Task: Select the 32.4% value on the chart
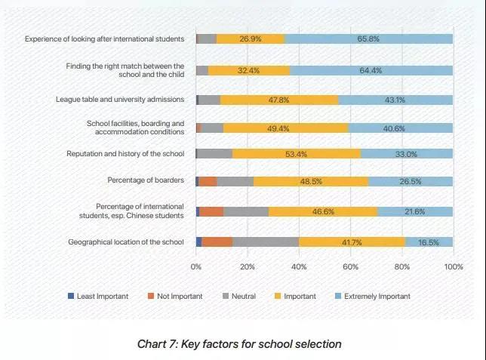click(248, 70)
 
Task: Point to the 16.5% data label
click(429, 242)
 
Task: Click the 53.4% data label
click(291, 154)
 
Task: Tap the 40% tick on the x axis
click(299, 266)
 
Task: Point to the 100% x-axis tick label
click(453, 266)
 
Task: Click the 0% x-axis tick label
click(196, 266)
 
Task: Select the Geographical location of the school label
click(126, 242)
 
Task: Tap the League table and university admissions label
click(120, 100)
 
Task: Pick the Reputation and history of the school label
click(126, 154)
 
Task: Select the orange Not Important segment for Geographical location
click(217, 242)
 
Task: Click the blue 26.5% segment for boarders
click(411, 181)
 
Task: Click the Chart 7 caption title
click(239, 344)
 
